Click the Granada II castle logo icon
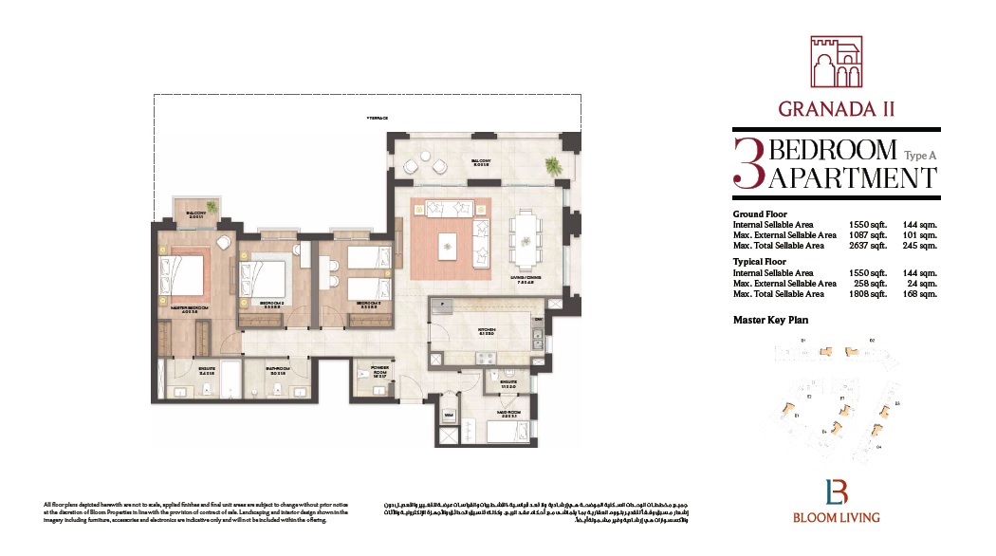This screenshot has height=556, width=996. [x=836, y=65]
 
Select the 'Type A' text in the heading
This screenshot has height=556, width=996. [x=920, y=155]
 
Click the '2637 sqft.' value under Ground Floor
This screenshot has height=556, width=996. [x=867, y=245]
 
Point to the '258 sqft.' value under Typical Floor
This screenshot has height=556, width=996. [x=871, y=283]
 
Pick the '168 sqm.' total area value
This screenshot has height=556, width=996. [x=920, y=293]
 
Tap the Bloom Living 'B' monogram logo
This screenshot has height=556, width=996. [x=836, y=492]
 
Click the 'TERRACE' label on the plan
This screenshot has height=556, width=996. [x=378, y=118]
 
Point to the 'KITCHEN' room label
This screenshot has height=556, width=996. [x=488, y=331]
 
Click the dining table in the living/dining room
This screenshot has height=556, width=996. [x=524, y=232]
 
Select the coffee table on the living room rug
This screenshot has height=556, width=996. [x=447, y=245]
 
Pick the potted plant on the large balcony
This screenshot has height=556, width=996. [x=551, y=168]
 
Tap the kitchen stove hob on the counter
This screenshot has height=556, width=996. [x=485, y=358]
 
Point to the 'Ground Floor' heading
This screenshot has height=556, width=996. [x=760, y=214]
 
